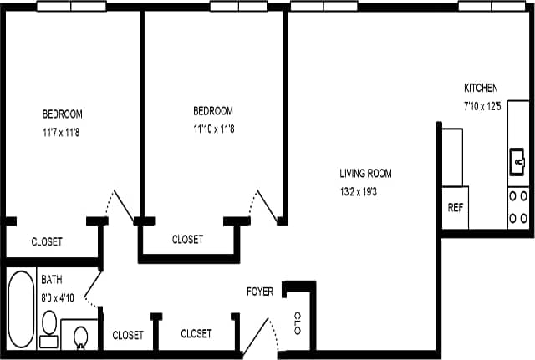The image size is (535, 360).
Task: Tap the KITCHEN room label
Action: [x=481, y=88]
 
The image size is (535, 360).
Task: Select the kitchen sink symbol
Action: [x=517, y=160]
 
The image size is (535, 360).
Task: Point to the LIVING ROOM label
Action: [x=365, y=174]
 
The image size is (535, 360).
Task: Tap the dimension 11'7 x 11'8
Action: [x=62, y=131]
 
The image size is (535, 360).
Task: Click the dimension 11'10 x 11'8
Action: [x=213, y=129]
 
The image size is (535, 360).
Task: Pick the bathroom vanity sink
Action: [x=81, y=336]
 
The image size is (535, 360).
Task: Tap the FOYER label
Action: [x=260, y=292]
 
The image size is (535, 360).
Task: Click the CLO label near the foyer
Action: [x=298, y=322]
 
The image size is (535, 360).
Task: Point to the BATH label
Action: [x=52, y=281]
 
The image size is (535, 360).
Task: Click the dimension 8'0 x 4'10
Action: [x=58, y=297]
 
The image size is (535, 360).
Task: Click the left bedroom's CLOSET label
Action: [x=46, y=242]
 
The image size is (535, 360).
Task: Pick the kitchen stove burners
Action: [x=517, y=207]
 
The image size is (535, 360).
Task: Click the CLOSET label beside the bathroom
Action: [x=128, y=335]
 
